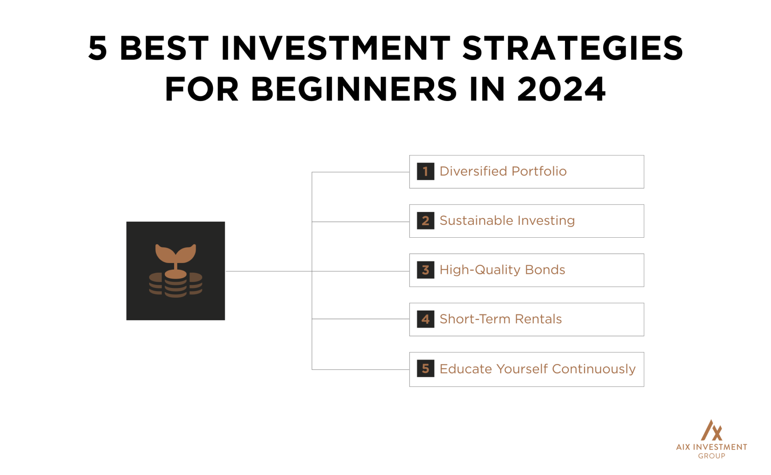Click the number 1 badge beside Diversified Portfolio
(425, 171)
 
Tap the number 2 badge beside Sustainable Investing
(425, 221)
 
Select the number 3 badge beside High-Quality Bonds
(425, 270)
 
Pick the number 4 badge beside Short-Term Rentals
(425, 319)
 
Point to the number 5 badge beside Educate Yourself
(425, 369)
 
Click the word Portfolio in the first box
(539, 171)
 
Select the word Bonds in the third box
(545, 270)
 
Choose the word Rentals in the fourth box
(538, 319)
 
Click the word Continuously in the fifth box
(593, 369)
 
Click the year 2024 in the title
(561, 90)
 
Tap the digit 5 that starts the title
(97, 48)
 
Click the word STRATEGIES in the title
(572, 48)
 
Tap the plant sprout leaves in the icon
(176, 253)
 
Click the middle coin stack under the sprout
(176, 284)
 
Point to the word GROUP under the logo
(711, 456)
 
